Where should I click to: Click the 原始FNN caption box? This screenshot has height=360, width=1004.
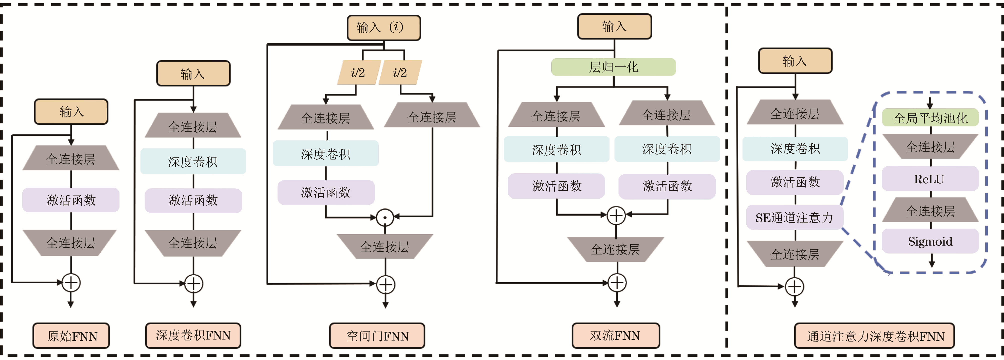[71, 336]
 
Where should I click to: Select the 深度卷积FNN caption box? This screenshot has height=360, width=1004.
[193, 336]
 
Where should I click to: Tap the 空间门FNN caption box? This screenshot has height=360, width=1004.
[377, 336]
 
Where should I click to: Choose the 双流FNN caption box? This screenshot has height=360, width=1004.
[615, 336]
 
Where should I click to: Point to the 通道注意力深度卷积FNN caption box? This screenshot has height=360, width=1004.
[874, 336]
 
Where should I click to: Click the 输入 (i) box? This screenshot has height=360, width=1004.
[384, 28]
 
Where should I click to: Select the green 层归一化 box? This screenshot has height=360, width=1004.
[613, 67]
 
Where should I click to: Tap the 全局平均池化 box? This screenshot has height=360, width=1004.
[930, 118]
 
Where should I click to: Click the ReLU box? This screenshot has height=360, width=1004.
[930, 179]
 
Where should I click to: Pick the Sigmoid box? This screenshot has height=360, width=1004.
[930, 241]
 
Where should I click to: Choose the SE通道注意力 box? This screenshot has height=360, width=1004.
[794, 217]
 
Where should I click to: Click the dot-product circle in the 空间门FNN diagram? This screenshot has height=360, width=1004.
[385, 217]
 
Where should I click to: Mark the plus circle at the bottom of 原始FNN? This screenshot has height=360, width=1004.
[71, 283]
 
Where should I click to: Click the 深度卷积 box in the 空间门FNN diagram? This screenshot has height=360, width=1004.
[326, 153]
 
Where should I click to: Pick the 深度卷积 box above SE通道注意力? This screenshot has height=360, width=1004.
[795, 148]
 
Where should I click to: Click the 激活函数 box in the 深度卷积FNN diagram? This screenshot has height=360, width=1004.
[193, 201]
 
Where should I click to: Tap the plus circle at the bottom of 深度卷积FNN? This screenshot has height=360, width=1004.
[193, 284]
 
